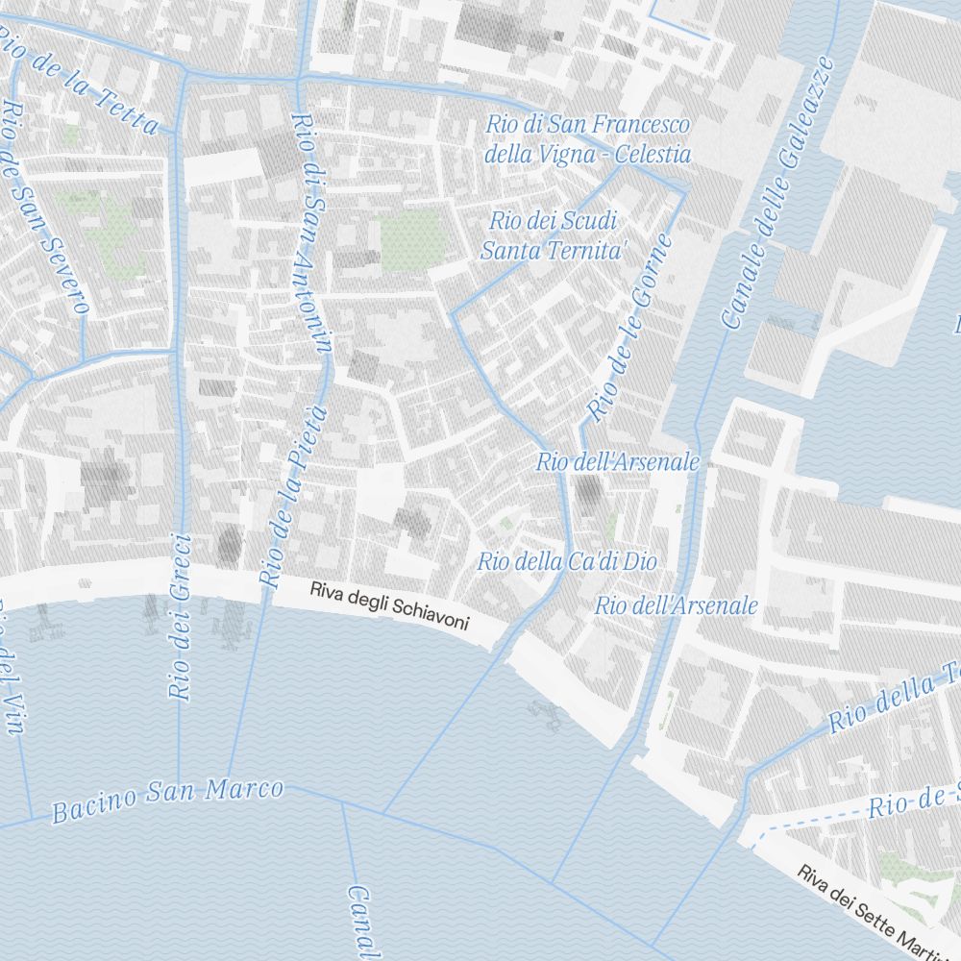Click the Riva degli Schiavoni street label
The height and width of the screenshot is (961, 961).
pos(389,606)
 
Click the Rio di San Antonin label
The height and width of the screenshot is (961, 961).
pos(314,235)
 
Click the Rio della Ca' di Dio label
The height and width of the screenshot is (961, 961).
pos(567,561)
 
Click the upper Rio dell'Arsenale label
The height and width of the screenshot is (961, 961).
pos(618,462)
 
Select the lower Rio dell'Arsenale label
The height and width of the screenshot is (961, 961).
pos(676,606)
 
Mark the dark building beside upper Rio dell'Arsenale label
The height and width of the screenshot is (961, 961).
pos(588,492)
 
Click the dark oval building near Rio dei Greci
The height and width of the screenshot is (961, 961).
pos(229,544)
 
